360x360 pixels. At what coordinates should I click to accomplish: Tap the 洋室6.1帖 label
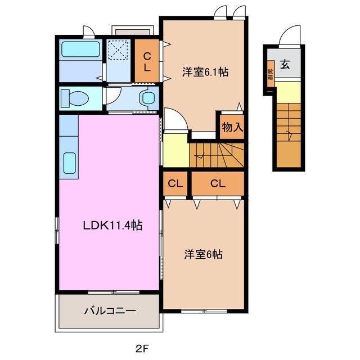205,72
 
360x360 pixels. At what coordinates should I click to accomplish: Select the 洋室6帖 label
204,255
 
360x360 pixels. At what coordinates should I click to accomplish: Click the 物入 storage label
231,127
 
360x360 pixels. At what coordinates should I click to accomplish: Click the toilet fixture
75,97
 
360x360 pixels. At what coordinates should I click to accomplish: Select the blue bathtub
79,50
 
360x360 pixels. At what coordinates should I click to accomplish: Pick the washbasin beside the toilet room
148,97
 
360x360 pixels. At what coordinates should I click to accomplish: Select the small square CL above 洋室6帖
175,183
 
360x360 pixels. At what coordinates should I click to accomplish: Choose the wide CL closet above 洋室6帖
218,183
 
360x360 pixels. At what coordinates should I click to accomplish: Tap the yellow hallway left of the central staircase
174,149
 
